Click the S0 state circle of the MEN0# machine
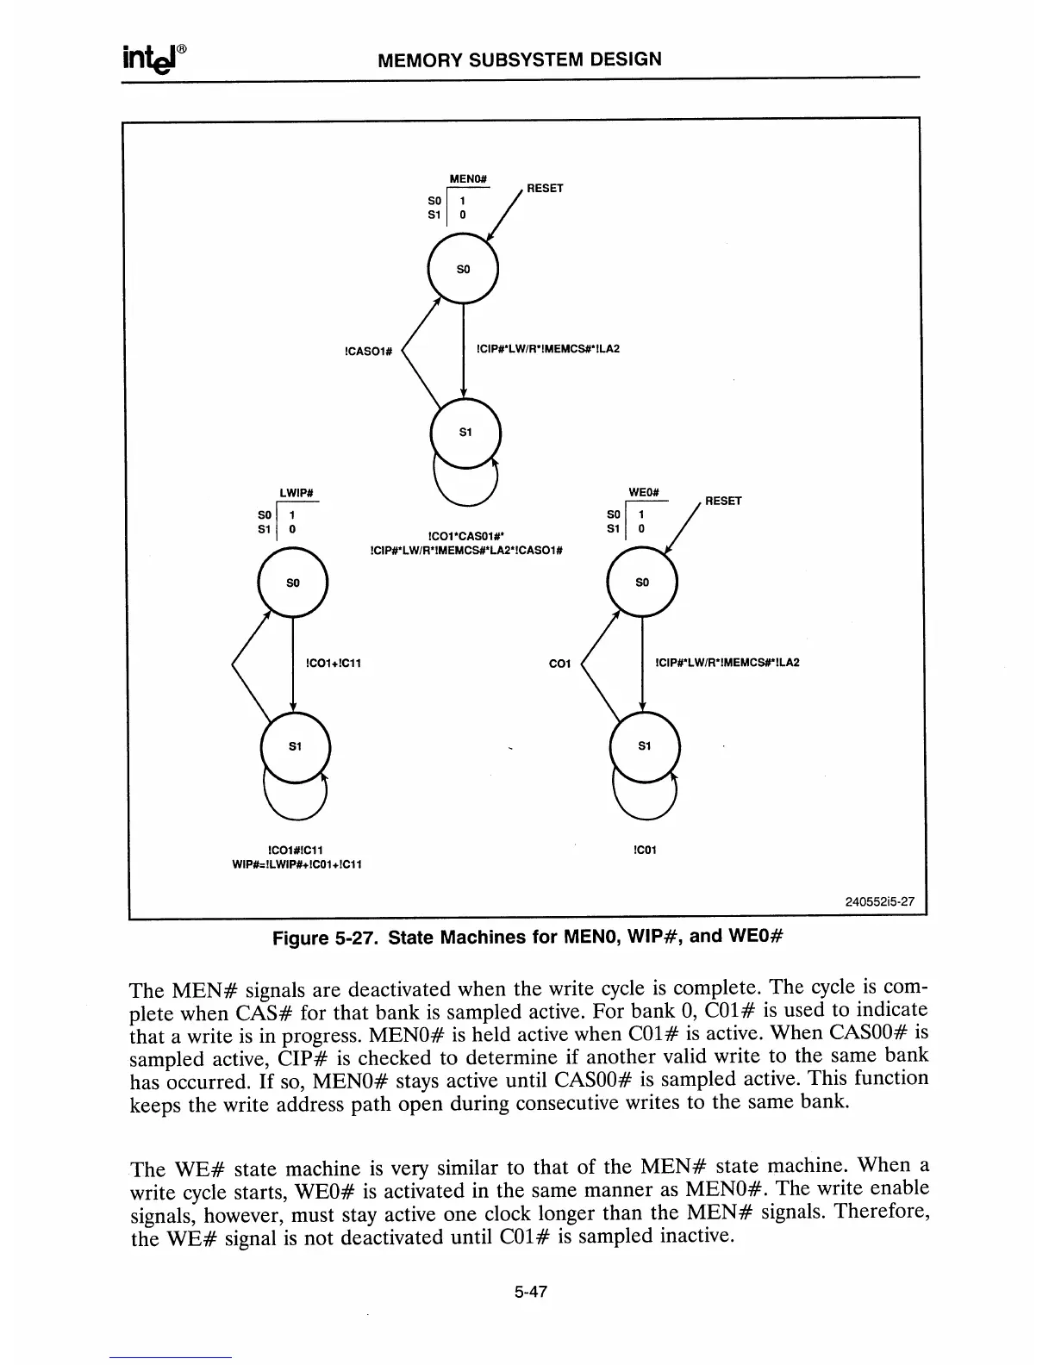[x=463, y=269]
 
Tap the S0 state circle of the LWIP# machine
[x=293, y=583]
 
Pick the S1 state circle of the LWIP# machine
[x=294, y=747]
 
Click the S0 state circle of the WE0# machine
[x=642, y=583]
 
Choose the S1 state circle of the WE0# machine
[x=644, y=746]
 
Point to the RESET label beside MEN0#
[x=545, y=188]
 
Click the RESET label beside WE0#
[x=723, y=501]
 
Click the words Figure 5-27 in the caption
[x=326, y=937]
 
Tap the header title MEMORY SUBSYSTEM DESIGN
[x=521, y=59]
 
